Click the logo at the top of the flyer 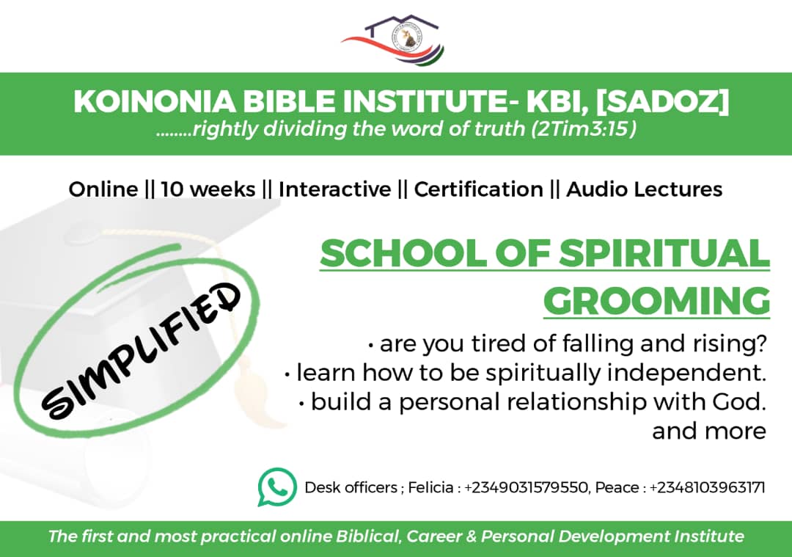(393, 40)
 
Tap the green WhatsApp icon (276, 487)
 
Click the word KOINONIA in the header (155, 101)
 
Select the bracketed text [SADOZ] (662, 101)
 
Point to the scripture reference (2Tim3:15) (584, 129)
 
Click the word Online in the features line (103, 189)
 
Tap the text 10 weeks (208, 189)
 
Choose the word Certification (479, 189)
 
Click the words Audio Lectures (645, 189)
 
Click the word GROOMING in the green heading (656, 302)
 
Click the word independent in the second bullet (686, 373)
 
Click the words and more (709, 432)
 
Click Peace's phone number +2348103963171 (707, 488)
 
